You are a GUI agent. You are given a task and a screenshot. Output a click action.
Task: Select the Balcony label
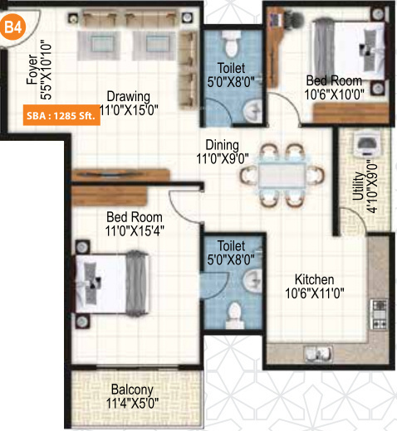(133, 390)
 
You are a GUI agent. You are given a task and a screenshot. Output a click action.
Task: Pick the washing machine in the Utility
(364, 147)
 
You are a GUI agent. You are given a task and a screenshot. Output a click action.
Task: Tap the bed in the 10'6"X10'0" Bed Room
(341, 48)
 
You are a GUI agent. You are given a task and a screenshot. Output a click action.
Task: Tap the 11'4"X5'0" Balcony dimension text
(133, 404)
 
